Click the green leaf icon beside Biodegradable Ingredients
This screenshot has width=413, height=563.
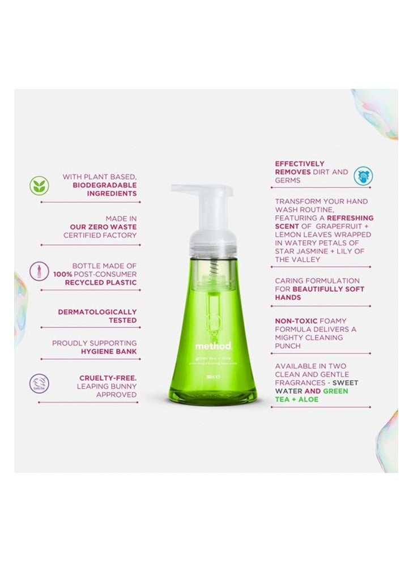click(40, 185)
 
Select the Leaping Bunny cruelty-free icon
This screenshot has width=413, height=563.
click(40, 385)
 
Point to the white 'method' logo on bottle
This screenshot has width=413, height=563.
click(213, 346)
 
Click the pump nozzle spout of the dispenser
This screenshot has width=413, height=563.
click(180, 189)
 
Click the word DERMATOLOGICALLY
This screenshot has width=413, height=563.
click(97, 312)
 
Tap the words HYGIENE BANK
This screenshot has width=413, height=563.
click(113, 351)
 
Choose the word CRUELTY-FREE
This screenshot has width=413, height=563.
click(108, 377)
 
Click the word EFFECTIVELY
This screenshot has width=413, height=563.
click(300, 163)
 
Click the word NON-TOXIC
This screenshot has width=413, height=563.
click(296, 320)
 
